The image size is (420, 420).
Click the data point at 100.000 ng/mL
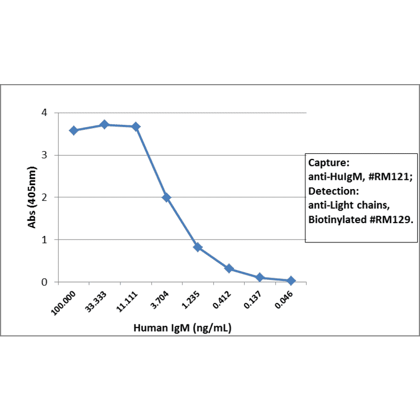[74, 130]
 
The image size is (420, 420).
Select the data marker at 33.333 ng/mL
[104, 125]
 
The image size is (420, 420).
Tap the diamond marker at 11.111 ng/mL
[136, 126]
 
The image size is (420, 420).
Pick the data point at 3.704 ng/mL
[167, 197]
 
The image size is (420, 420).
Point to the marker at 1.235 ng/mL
[198, 247]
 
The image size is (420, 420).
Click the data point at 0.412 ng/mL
[229, 269]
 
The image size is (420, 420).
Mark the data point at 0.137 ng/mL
[260, 278]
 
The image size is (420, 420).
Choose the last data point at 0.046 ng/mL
[291, 280]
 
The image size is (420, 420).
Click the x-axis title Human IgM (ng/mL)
[182, 328]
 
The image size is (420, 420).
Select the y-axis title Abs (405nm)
[33, 197]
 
